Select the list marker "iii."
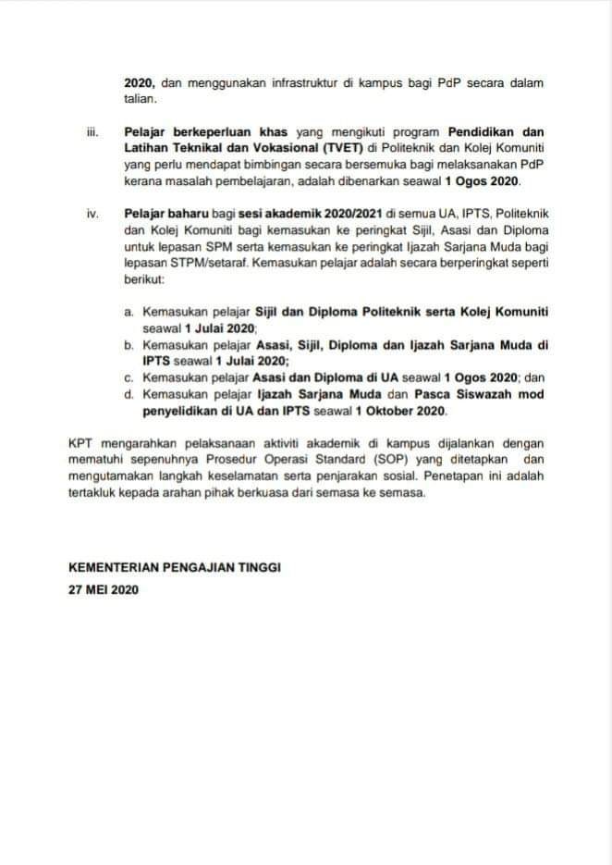pyautogui.click(x=92, y=131)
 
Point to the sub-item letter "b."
pyautogui.click(x=129, y=345)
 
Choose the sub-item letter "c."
pyautogui.click(x=129, y=378)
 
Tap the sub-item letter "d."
pyautogui.click(x=129, y=395)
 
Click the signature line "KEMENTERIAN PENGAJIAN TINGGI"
pyautogui.click(x=175, y=567)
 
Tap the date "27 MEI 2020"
pyautogui.click(x=104, y=588)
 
